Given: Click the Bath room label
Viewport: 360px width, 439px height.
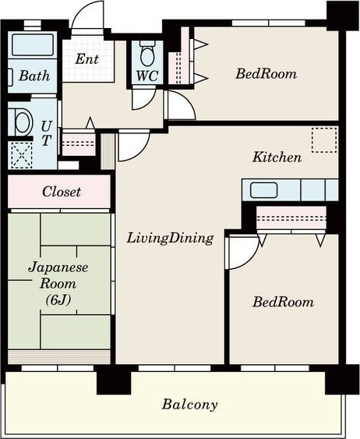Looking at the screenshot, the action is [34, 76].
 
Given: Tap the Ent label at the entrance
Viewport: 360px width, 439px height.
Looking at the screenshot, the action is [87, 59].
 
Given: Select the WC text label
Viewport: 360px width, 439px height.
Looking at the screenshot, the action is [147, 76].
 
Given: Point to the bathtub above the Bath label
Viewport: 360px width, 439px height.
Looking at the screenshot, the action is [33, 44].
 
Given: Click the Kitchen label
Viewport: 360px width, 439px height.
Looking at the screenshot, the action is [277, 157].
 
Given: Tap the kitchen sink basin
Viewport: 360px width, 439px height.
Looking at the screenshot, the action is [263, 190].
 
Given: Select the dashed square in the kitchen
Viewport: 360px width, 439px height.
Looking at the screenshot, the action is [324, 140].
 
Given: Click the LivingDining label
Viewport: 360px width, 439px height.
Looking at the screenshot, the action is [170, 239].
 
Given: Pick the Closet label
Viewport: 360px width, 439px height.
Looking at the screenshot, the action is [62, 192].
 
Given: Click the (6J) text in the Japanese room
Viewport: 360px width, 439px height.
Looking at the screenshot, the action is [58, 300].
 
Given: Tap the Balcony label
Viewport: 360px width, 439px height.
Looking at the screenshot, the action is [189, 405].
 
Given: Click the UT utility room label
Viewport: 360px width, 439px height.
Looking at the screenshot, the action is [46, 133].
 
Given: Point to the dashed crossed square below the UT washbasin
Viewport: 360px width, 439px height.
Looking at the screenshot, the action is [22, 155].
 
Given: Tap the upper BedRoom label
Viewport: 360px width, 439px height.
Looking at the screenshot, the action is [266, 73].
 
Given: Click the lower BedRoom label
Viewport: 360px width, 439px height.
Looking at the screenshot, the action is [283, 302].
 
